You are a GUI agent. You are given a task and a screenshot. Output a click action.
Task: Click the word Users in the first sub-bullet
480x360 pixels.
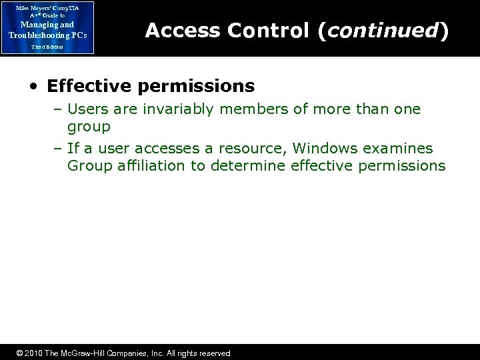[87, 109]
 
